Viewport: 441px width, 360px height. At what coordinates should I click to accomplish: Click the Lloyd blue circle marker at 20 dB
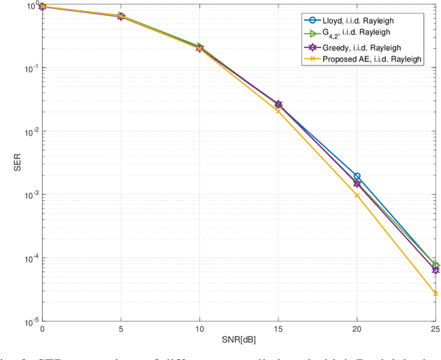point(357,176)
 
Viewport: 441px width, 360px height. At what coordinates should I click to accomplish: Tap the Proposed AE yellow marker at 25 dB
point(435,293)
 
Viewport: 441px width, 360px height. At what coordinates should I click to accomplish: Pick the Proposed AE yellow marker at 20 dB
point(357,195)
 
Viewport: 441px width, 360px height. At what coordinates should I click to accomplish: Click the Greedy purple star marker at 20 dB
point(357,184)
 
